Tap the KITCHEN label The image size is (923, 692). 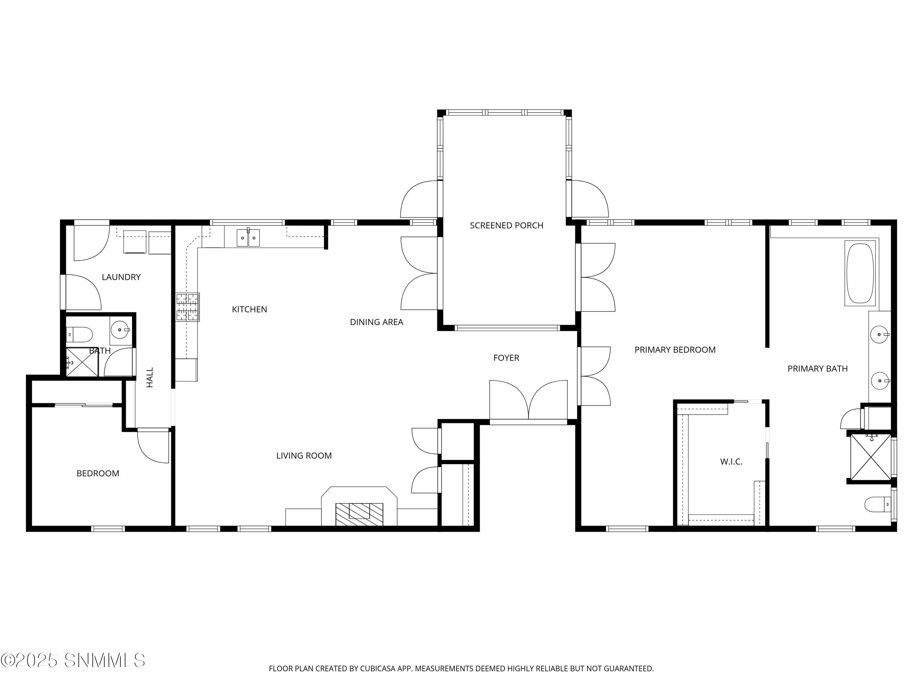pyautogui.click(x=249, y=309)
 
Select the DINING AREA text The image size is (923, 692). pyautogui.click(x=376, y=322)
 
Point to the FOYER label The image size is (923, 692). pyautogui.click(x=506, y=358)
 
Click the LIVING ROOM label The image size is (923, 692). pyautogui.click(x=304, y=456)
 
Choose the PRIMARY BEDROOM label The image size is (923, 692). pyautogui.click(x=675, y=350)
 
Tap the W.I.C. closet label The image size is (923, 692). pyautogui.click(x=731, y=462)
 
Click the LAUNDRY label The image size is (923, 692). pyautogui.click(x=121, y=277)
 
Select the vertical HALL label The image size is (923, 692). pyautogui.click(x=150, y=377)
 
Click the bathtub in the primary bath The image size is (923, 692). pyautogui.click(x=860, y=273)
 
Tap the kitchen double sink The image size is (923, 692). pyautogui.click(x=248, y=238)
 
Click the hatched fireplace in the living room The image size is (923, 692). pyautogui.click(x=359, y=514)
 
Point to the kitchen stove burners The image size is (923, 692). pyautogui.click(x=187, y=307)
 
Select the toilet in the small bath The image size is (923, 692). pyautogui.click(x=79, y=334)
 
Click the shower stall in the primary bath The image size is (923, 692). pyautogui.click(x=870, y=457)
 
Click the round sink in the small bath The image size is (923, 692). pyautogui.click(x=120, y=330)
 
